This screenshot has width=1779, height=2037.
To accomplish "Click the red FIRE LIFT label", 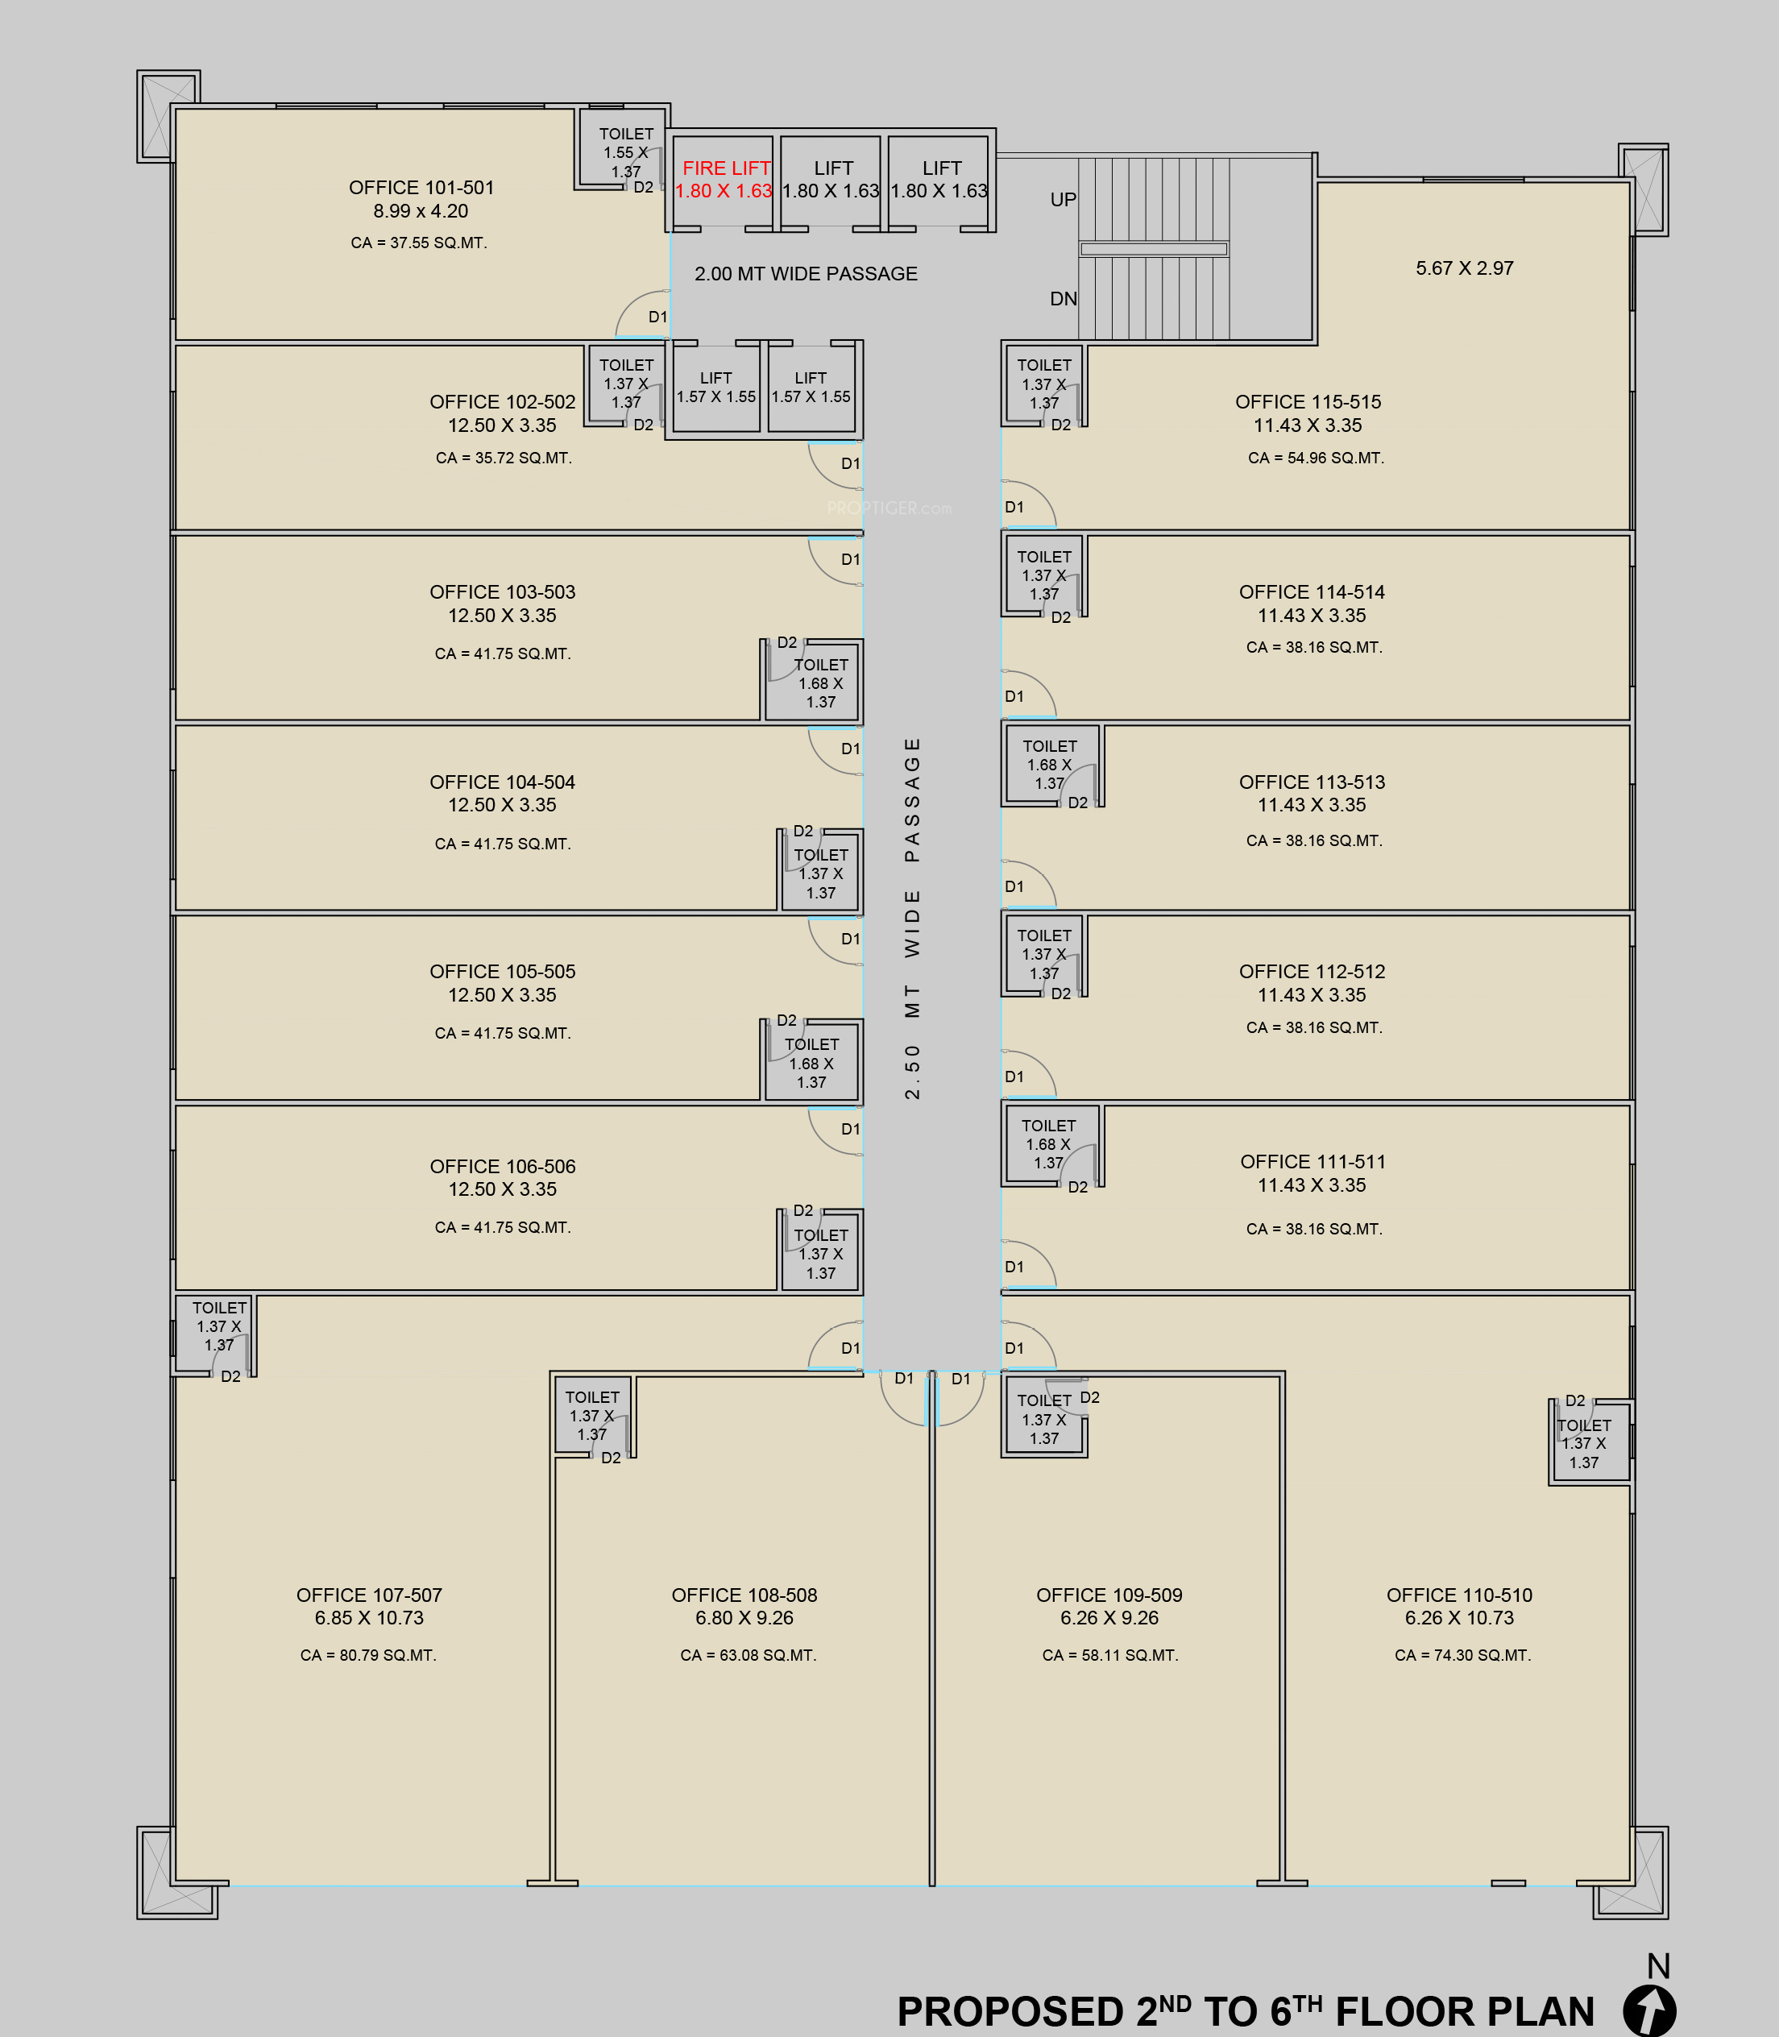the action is click(x=726, y=168).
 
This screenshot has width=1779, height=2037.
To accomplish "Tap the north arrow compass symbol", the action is click(x=1649, y=2010).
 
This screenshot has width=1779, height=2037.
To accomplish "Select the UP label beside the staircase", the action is click(x=1064, y=200).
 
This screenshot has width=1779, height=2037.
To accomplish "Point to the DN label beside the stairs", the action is click(x=1064, y=299).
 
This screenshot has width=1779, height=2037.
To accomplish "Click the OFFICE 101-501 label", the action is click(x=421, y=188).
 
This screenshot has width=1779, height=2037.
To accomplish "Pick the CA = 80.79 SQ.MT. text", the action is click(x=368, y=1655).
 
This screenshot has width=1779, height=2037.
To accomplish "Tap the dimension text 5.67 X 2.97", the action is click(x=1464, y=268).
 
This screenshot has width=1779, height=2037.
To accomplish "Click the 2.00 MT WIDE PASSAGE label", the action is click(x=805, y=273).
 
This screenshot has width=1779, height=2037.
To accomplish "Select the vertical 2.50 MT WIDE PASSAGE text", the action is click(x=912, y=919).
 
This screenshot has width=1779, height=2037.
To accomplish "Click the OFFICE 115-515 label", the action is click(x=1308, y=402).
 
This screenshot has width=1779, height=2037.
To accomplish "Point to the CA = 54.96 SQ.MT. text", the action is click(x=1316, y=458).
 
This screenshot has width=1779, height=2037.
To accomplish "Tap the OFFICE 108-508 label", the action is click(x=744, y=1595).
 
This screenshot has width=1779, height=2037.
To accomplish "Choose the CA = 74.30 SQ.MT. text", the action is click(x=1462, y=1655).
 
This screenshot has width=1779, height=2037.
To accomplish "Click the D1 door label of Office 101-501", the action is click(x=657, y=317).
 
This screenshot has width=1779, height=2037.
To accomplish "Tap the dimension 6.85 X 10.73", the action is click(x=368, y=1618).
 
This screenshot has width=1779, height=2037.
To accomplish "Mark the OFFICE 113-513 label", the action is click(x=1312, y=782).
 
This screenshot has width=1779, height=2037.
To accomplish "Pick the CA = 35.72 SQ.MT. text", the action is click(x=504, y=458).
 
